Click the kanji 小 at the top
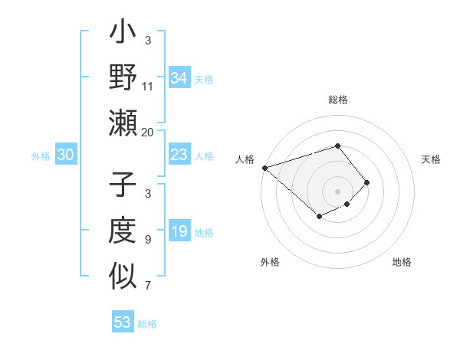(123, 34)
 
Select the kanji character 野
(123, 78)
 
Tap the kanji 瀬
(123, 124)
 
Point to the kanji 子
(123, 186)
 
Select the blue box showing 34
(179, 78)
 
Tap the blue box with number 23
(179, 155)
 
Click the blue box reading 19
(179, 231)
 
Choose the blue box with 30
(65, 155)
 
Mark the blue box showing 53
(122, 322)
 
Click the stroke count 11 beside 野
(148, 86)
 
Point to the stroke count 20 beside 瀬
(148, 132)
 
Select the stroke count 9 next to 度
(148, 240)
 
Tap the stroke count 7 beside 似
(148, 286)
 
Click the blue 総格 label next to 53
(147, 324)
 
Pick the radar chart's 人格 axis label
(245, 159)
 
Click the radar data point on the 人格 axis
(264, 168)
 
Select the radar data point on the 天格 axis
(367, 182)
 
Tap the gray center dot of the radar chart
(337, 191)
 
